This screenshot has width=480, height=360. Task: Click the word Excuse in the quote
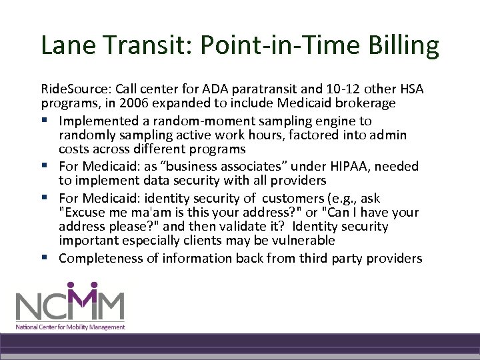(82, 213)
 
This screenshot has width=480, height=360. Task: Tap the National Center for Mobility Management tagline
(71, 327)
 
